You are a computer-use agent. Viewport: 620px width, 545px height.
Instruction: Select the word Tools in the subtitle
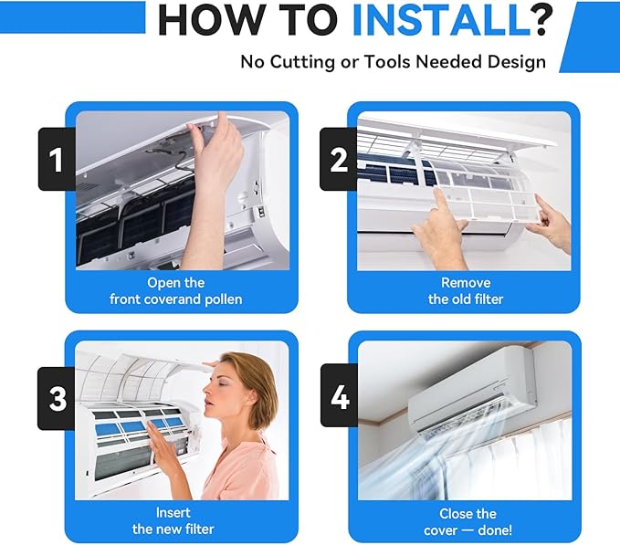click(388, 62)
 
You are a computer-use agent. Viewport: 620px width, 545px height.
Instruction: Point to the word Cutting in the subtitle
click(302, 62)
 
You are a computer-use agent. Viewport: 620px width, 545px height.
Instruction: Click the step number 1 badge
click(57, 159)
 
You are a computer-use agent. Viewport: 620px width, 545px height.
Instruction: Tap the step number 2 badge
click(339, 159)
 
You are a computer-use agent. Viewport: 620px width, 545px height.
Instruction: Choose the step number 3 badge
click(57, 398)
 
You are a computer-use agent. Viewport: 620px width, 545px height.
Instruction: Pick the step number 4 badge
click(340, 396)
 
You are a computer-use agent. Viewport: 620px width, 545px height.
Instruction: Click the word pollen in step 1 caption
click(224, 299)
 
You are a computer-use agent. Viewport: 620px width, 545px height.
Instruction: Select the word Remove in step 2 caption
click(466, 283)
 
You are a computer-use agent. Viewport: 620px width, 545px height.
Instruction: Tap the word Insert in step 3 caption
click(173, 513)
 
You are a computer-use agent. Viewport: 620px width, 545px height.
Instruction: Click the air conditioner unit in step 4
click(473, 395)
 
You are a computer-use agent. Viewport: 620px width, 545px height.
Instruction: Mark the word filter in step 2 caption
click(489, 299)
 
